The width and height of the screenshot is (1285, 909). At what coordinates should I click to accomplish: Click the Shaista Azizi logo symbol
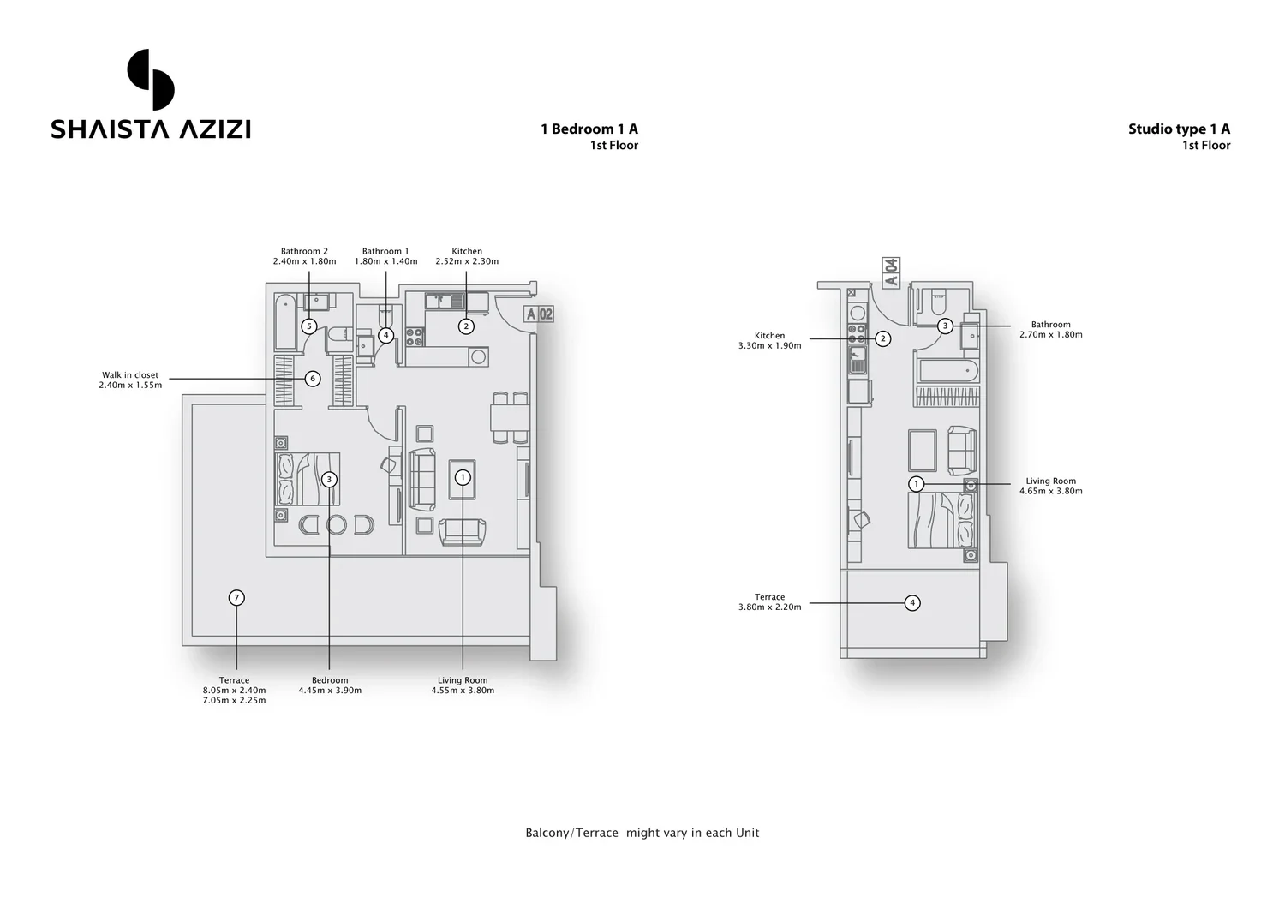point(150,79)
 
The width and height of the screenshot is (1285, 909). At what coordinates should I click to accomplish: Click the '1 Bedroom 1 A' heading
point(589,129)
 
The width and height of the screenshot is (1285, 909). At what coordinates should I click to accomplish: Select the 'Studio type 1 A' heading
point(1179,129)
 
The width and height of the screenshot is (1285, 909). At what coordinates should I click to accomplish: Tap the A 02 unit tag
point(539,314)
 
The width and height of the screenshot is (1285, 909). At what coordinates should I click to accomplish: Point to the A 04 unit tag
point(891,272)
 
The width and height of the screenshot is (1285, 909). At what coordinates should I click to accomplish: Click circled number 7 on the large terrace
point(236,598)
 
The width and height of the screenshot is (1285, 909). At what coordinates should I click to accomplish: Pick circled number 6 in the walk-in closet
point(313,379)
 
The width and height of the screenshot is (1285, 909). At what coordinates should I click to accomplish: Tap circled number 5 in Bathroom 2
point(309,326)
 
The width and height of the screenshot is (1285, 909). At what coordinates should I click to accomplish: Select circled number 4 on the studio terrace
point(912,603)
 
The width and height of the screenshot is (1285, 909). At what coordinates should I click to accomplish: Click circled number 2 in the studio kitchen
point(883,338)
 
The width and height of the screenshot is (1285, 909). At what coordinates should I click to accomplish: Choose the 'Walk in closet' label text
point(130,375)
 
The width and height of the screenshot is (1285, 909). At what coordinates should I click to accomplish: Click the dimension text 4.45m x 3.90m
point(330,691)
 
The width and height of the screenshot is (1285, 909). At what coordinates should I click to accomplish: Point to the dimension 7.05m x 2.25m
point(234,700)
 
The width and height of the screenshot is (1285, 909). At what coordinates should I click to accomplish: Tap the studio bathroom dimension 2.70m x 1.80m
point(1051,335)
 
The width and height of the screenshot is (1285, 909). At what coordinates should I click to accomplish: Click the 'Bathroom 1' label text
point(385,251)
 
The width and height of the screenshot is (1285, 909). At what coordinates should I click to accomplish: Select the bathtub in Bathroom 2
point(285,321)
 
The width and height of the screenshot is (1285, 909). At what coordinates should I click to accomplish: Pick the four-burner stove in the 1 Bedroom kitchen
point(415,337)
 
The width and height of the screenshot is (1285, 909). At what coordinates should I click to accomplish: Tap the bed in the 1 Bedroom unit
point(308,479)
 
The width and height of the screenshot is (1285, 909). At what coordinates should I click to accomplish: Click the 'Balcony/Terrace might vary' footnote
point(642,833)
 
